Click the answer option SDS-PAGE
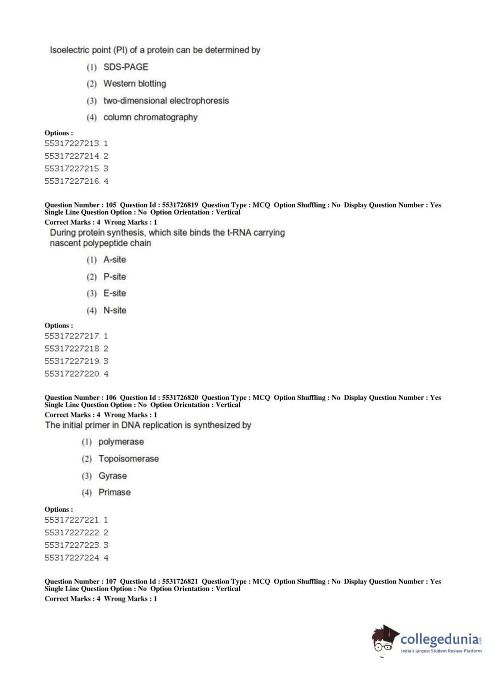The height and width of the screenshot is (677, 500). click(x=125, y=67)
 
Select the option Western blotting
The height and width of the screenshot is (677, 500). click(x=134, y=84)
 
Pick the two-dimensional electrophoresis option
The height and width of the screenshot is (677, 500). click(x=166, y=101)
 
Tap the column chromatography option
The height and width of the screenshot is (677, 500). click(x=150, y=117)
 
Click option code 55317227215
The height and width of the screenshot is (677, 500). click(x=72, y=169)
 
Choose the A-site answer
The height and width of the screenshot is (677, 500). click(x=114, y=260)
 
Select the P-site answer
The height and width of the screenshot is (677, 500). click(x=114, y=277)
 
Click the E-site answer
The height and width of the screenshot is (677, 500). click(x=114, y=294)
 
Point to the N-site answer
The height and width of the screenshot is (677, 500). click(x=114, y=311)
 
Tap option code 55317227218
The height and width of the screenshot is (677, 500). click(x=72, y=348)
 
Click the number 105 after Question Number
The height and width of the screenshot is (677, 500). click(x=111, y=205)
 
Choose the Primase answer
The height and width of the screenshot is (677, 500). click(x=114, y=493)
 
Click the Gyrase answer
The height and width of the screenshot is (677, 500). click(x=112, y=476)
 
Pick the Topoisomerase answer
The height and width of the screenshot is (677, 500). click(x=128, y=459)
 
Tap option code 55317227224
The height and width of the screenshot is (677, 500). click(x=72, y=558)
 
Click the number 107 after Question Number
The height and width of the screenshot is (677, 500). click(x=111, y=582)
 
